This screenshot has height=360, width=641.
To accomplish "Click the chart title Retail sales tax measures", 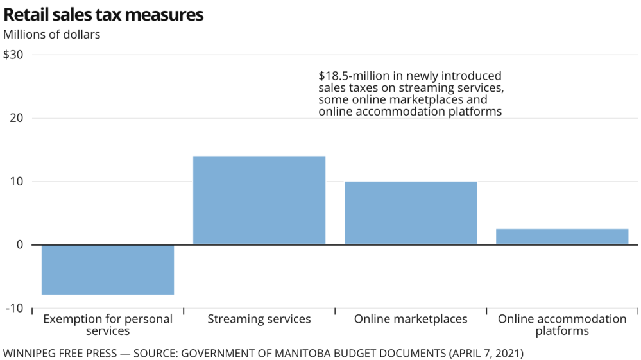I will (103, 15).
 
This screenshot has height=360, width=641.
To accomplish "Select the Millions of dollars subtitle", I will (52, 35).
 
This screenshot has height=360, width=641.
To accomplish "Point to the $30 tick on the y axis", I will (13, 55).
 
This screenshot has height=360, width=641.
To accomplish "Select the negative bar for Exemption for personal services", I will (108, 270).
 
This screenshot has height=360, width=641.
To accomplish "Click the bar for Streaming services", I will (259, 200).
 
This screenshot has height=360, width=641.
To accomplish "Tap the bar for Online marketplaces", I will (411, 212).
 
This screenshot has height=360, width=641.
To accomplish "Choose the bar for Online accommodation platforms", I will (562, 236).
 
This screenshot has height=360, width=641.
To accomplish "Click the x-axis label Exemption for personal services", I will (108, 325).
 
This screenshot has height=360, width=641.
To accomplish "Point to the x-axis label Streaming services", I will (259, 319).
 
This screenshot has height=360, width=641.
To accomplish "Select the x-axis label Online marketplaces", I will (411, 319).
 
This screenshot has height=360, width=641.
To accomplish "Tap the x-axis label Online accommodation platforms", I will (562, 325).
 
